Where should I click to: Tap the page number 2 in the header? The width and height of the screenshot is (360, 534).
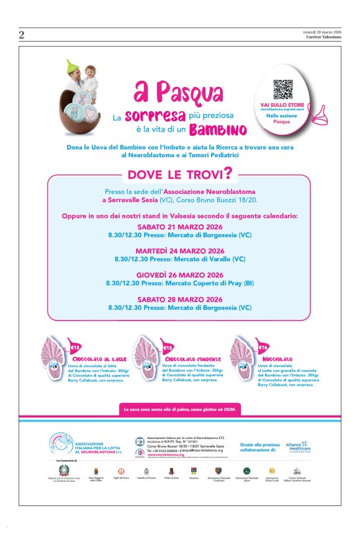(x=22, y=35)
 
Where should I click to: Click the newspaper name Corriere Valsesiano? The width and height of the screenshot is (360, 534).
(x=323, y=37)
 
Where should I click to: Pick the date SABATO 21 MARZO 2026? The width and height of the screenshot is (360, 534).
(x=180, y=227)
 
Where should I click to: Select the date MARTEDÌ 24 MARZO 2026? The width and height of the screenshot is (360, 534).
(x=180, y=250)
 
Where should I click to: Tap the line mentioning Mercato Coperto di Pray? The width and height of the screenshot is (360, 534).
(x=180, y=283)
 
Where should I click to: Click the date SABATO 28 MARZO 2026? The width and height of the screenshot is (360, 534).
(x=180, y=299)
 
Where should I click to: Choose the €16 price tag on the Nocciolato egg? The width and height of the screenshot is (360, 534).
(x=263, y=348)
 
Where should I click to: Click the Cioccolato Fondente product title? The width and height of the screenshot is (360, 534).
(x=186, y=360)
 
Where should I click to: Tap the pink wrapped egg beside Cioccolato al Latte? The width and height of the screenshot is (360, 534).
(x=55, y=356)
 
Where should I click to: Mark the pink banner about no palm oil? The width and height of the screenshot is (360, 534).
(x=180, y=410)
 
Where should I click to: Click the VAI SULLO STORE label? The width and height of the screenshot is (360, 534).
(x=282, y=105)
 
